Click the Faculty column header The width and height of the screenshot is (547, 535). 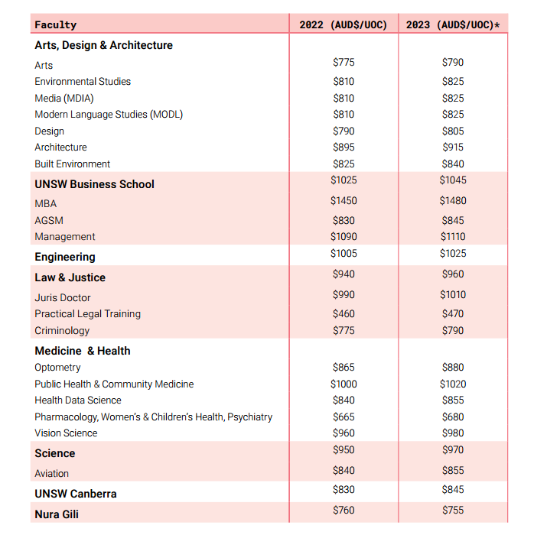point(56,25)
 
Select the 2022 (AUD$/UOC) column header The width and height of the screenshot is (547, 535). point(344,25)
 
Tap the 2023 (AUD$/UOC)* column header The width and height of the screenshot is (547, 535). point(453,25)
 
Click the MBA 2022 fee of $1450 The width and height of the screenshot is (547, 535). point(344,200)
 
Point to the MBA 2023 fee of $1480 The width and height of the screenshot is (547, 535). point(453,200)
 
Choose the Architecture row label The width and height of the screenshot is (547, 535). point(60,147)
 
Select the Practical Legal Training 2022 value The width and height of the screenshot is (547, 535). point(344,313)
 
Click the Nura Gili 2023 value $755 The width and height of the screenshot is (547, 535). point(453,510)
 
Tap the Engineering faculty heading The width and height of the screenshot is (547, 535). point(65,257)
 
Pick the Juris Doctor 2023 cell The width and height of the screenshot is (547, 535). point(453,294)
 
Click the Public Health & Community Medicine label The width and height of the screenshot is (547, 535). point(114,384)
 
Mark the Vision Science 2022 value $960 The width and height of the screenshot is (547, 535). point(344,433)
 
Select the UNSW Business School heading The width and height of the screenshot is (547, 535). point(94,184)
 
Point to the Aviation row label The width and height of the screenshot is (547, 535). point(51,473)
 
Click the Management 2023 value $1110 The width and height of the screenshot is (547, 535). point(453,237)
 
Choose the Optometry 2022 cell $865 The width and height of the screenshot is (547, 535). point(344,368)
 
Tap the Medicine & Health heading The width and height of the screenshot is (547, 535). point(83,351)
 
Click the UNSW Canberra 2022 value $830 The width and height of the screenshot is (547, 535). point(344,489)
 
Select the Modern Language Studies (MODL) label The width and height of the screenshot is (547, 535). point(109,115)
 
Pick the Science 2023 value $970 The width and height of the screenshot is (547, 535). point(453,449)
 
